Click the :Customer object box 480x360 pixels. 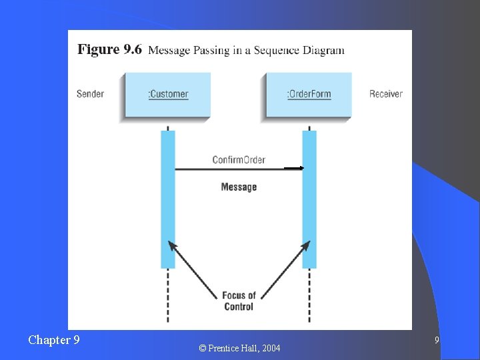(167, 95)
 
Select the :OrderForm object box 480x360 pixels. (309, 95)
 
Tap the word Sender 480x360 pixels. (90, 94)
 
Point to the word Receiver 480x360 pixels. (386, 94)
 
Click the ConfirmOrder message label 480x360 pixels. (239, 159)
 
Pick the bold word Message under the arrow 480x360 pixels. (239, 187)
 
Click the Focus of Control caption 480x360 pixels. (239, 301)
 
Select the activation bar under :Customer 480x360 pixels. (168, 200)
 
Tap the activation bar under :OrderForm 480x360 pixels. (309, 200)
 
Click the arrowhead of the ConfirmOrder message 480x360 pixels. (299, 168)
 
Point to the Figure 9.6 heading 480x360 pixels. (109, 50)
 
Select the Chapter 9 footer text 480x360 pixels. (54, 340)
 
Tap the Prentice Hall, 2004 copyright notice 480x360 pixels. (240, 348)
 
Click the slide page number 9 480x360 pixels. (437, 341)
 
